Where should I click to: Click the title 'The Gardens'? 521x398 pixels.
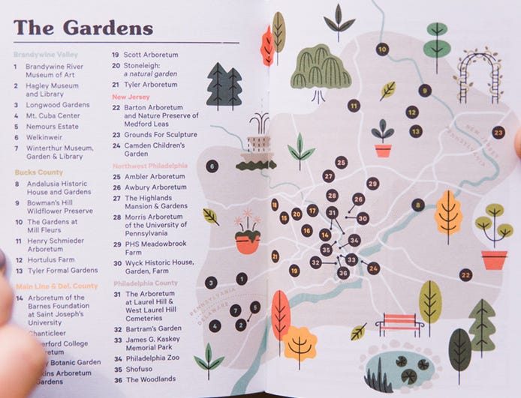[83, 28]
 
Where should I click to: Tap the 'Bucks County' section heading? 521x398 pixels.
[38, 172]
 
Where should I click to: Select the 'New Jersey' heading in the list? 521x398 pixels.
[131, 97]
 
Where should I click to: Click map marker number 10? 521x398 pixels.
[382, 49]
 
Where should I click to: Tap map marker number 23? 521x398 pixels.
[498, 132]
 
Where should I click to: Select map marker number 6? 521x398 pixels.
[212, 166]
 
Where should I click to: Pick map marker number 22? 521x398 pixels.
[466, 275]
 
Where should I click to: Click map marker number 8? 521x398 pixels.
[418, 205]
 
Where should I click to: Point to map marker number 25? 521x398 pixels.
[342, 162]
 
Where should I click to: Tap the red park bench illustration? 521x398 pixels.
[399, 325]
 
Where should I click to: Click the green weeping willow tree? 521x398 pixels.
[321, 70]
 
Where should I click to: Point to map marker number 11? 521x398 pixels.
[354, 106]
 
